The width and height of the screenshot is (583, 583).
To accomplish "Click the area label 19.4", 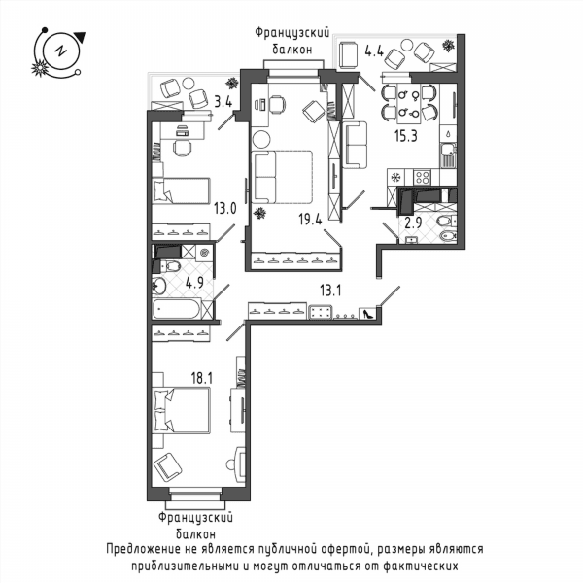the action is click(x=311, y=220).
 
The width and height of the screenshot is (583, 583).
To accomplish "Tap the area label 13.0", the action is click(x=225, y=209).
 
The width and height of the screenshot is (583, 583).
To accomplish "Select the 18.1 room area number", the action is click(x=201, y=379).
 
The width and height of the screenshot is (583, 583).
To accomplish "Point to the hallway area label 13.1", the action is click(x=330, y=291).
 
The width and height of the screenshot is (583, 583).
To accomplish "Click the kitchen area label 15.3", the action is click(x=406, y=136).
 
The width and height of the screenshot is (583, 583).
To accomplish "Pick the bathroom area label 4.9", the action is click(x=194, y=284).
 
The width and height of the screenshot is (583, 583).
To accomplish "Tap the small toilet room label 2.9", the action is click(x=413, y=223).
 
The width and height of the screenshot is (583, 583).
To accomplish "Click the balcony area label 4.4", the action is click(x=374, y=51).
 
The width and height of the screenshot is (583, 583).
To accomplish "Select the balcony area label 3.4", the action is click(x=223, y=101).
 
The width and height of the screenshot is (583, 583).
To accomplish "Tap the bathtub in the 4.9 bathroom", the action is click(x=177, y=309).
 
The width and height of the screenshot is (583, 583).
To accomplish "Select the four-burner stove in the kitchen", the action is click(x=423, y=177).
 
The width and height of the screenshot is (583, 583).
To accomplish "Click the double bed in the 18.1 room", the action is click(x=182, y=410).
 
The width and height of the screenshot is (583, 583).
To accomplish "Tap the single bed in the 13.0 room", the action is click(x=182, y=190).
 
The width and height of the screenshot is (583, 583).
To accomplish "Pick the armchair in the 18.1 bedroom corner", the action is click(x=168, y=467).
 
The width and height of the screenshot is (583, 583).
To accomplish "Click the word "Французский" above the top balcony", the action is click(x=292, y=33).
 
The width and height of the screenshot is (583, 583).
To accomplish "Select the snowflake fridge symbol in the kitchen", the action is click(x=396, y=177).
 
